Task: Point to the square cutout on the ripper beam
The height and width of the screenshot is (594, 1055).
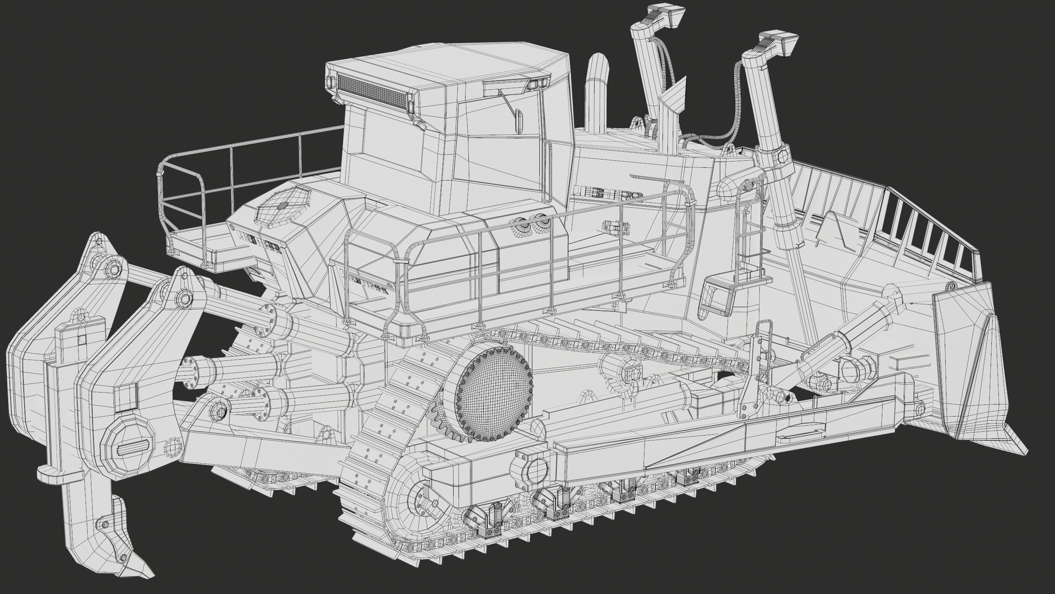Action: [126, 397]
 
